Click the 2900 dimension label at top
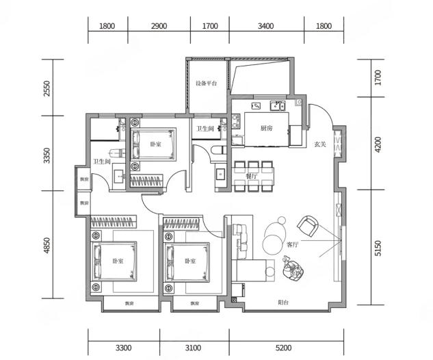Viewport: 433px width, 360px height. pos(159,26)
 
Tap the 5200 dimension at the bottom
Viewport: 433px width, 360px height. pos(284,348)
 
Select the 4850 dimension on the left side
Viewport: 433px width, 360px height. pos(47,245)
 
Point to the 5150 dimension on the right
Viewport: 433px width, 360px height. pos(378,248)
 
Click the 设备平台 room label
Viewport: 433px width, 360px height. pos(207,83)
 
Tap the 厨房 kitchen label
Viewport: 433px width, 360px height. pos(267,128)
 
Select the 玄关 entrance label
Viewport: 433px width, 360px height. pos(320,144)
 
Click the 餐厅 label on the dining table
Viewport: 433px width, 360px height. pos(251,177)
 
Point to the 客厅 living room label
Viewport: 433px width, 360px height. pos(293,244)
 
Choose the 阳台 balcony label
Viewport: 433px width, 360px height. pos(284,303)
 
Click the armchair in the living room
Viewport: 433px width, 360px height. pos(308,227)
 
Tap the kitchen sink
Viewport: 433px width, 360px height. pos(278,106)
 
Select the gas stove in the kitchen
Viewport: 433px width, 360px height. pos(236,122)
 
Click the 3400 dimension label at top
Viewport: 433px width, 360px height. pos(265,26)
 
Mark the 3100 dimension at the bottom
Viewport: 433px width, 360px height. pos(193,348)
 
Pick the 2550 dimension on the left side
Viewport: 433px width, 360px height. pos(47,88)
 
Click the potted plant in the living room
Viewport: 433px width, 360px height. pos(293,269)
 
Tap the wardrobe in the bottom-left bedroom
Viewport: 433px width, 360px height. pos(114,222)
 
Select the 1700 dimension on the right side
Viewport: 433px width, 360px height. pos(378,77)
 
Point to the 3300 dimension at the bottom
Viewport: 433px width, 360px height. pos(123,348)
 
